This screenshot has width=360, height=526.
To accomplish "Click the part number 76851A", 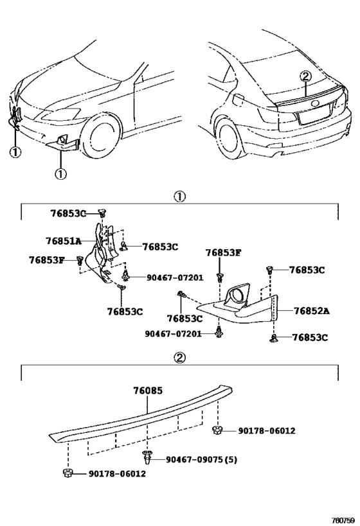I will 63,241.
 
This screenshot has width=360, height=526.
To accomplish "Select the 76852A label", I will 311,310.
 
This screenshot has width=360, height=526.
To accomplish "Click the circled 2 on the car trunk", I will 305,76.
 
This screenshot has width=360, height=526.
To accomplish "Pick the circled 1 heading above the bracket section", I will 179,197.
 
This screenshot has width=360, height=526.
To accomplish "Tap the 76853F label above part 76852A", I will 223,252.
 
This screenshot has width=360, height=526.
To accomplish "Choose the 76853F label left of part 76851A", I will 46,259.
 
